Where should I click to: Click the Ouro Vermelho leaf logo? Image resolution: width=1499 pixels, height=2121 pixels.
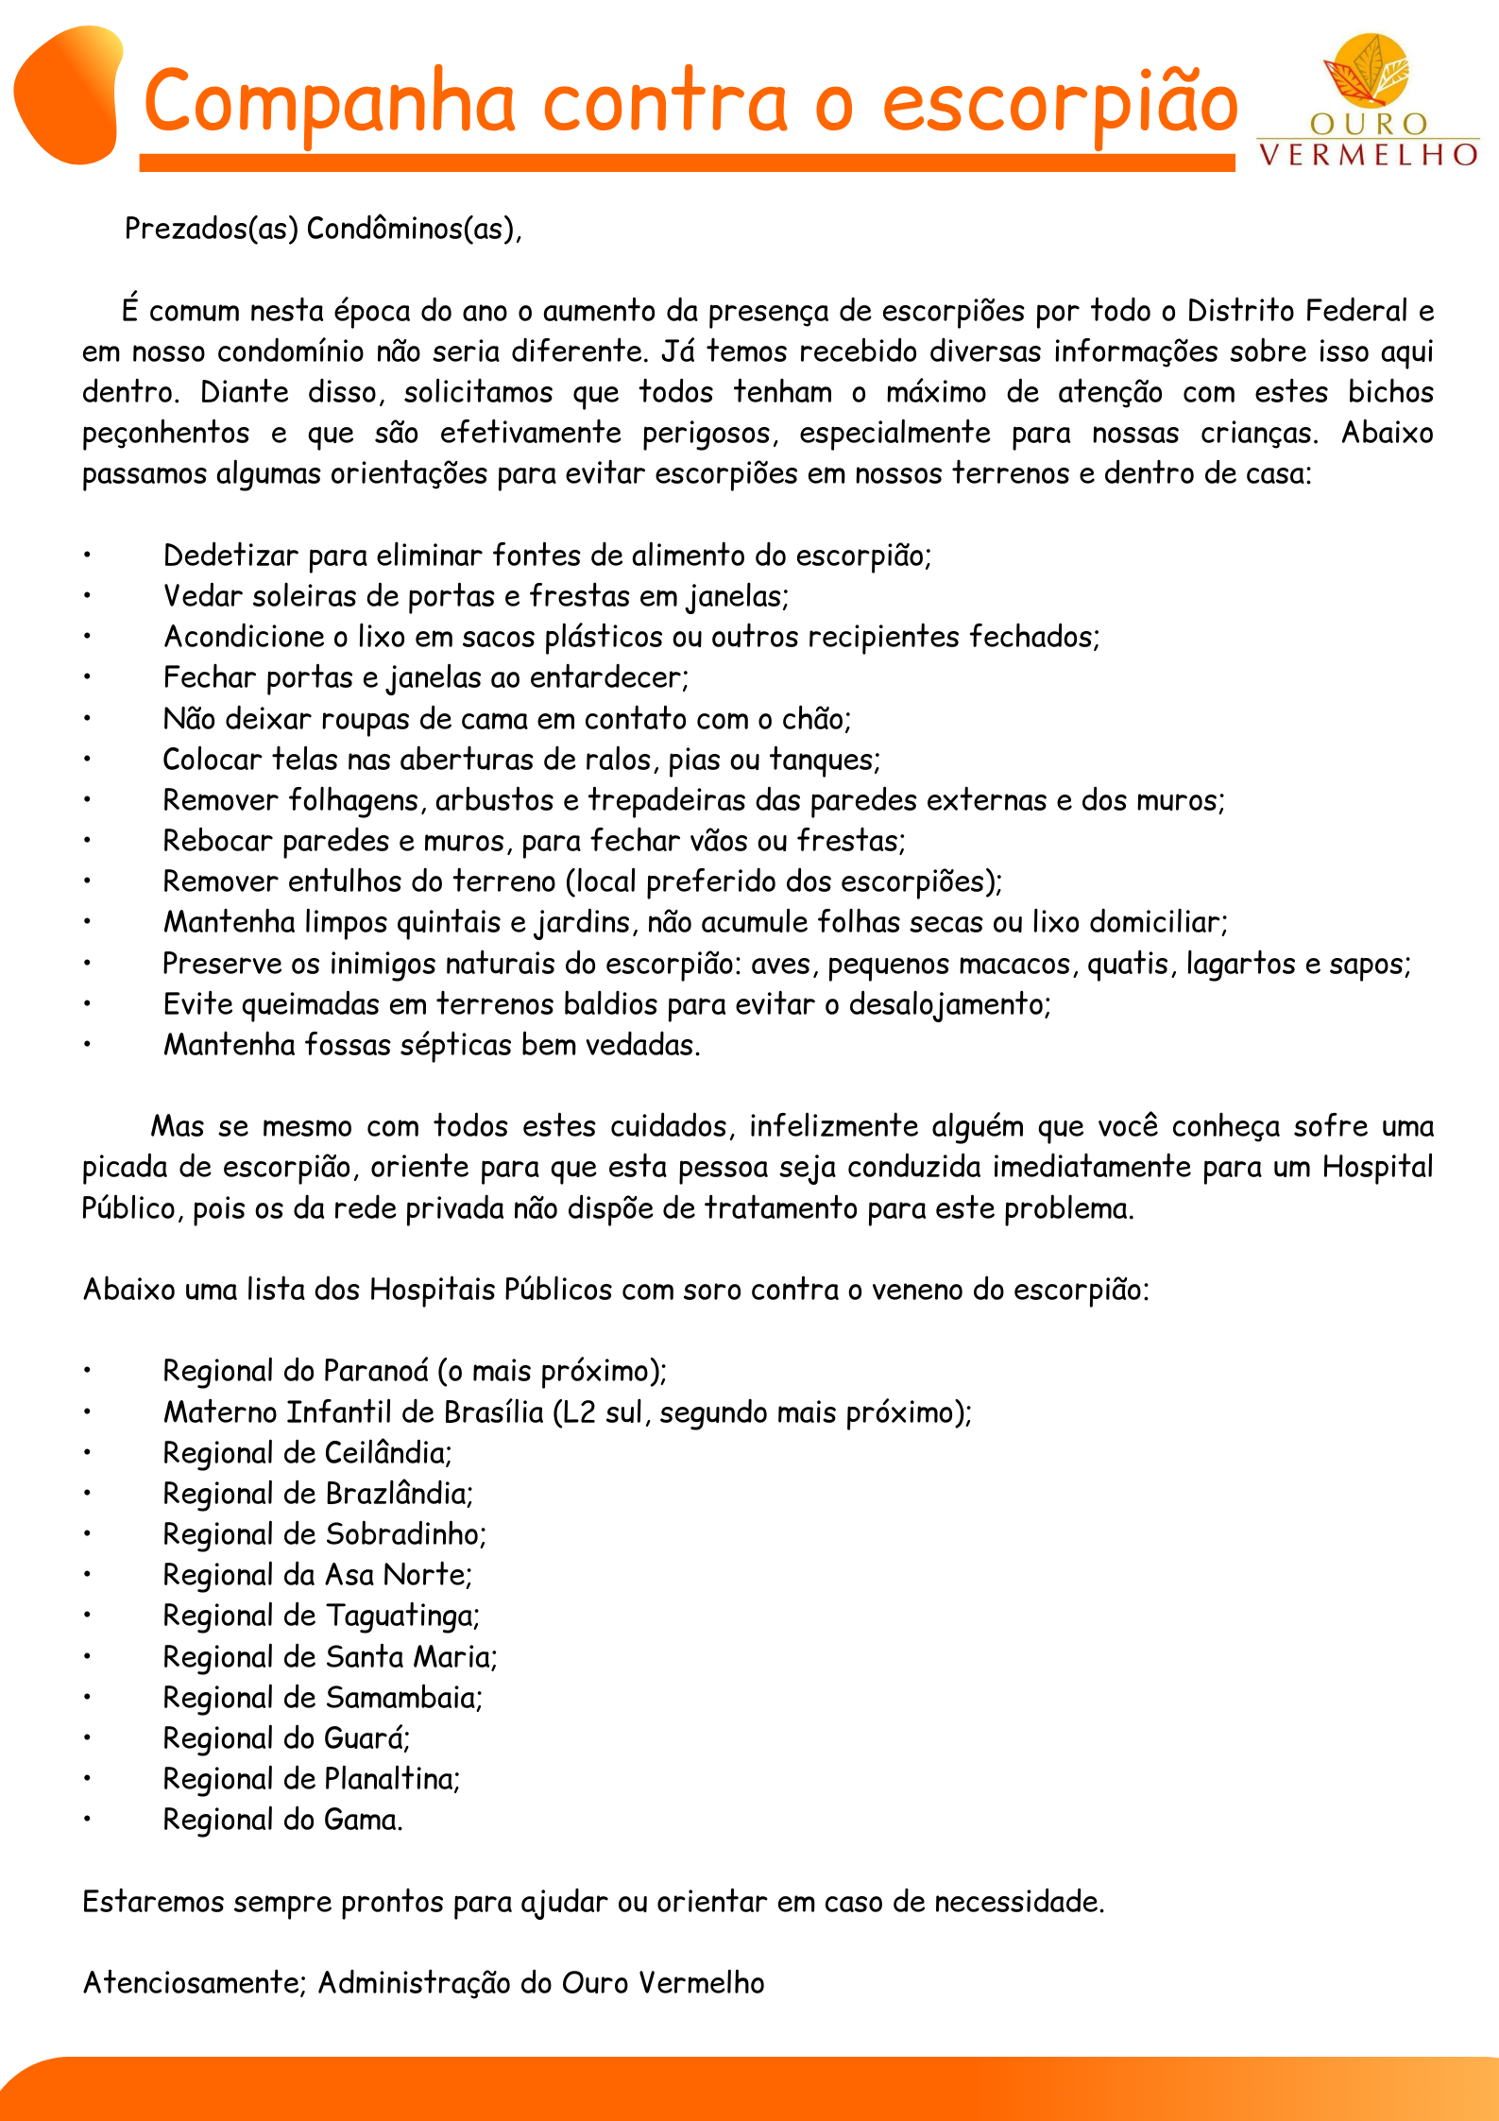tap(1367, 71)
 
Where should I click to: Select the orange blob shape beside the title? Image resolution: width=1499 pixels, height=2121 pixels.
tap(68, 94)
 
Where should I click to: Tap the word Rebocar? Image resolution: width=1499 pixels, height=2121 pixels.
tap(217, 841)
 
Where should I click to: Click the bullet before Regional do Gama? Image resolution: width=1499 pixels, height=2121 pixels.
tap(87, 1819)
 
